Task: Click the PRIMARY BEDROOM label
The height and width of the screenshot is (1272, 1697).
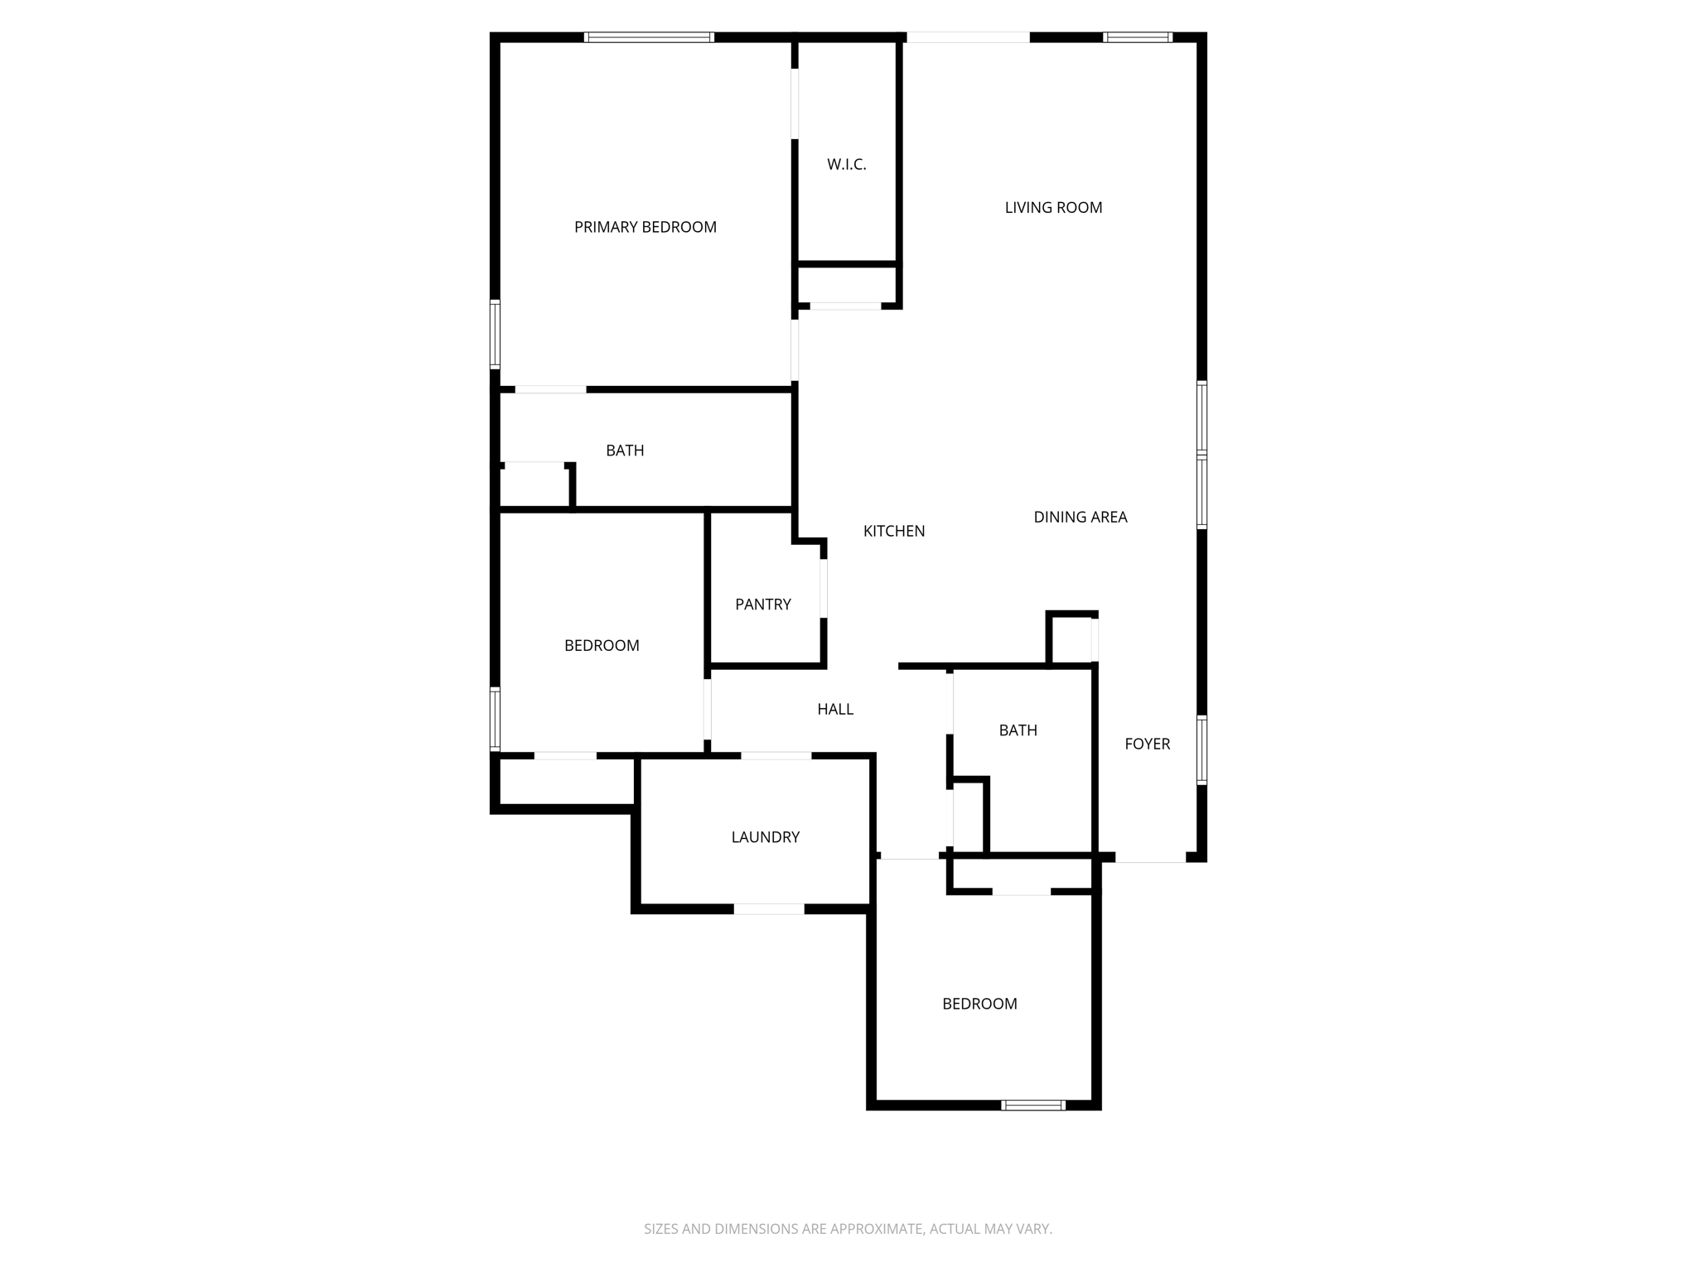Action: click(645, 227)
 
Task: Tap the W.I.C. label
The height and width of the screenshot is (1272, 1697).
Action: click(846, 165)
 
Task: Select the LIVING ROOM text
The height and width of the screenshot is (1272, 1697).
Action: click(1053, 208)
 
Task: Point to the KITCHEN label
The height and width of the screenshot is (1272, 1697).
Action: click(893, 532)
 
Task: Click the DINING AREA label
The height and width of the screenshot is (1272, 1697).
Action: click(1080, 518)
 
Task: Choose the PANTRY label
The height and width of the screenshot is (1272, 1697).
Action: click(762, 605)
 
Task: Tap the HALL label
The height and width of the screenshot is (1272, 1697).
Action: click(834, 709)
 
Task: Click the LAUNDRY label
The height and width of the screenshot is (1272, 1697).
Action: click(765, 837)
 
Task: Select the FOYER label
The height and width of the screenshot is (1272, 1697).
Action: click(1147, 744)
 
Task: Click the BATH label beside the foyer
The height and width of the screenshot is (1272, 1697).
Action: click(1018, 730)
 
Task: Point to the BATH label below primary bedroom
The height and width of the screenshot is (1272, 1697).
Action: click(624, 450)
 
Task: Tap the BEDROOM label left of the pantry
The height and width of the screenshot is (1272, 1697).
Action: click(601, 646)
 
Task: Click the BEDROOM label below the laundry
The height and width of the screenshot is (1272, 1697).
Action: click(979, 1005)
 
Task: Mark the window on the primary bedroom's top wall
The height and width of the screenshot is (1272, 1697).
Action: click(649, 37)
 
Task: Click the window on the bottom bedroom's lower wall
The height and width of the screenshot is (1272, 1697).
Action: click(1032, 1105)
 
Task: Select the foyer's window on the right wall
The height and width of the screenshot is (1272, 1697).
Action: click(1201, 749)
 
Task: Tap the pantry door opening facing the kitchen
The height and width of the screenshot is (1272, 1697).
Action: click(824, 589)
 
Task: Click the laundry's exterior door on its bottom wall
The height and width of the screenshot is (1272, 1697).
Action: click(768, 909)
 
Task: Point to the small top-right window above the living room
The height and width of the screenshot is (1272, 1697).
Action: click(1137, 37)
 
